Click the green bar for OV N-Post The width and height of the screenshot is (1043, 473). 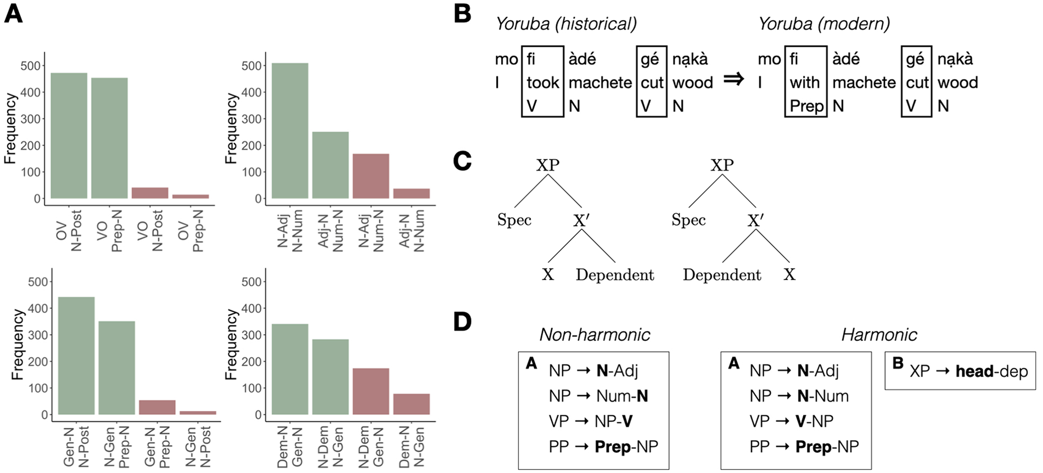point(69,136)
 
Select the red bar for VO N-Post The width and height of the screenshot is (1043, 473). point(150,193)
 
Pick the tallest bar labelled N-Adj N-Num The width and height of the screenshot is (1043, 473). point(290,131)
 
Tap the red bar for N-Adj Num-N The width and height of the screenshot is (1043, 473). point(371,176)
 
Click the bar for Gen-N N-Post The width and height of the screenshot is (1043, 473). point(76,356)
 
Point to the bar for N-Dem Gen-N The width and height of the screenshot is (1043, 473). point(371,391)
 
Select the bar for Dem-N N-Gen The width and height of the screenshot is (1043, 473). point(412,404)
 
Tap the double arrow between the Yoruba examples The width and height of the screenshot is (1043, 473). point(733,79)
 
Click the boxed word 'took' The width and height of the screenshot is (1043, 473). point(543,82)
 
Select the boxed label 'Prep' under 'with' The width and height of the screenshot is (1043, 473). point(806,106)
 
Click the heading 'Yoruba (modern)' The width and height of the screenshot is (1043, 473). point(824,24)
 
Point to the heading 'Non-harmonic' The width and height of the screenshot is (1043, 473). point(595,335)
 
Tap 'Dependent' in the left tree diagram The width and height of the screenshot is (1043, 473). point(615,275)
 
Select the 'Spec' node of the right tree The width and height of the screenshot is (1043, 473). point(688,220)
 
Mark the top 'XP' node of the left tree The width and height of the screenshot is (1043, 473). point(548,165)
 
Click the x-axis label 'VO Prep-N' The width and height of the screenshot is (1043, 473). point(110,230)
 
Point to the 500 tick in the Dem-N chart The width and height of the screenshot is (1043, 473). point(252,282)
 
